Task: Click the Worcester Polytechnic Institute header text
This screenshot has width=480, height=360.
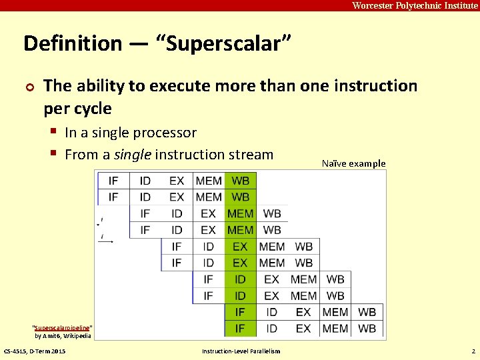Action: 415,5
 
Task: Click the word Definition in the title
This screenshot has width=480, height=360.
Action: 73,44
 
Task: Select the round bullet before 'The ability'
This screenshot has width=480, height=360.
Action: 29,87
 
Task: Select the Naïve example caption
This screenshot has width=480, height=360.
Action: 353,163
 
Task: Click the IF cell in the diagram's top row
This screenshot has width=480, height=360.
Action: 113,181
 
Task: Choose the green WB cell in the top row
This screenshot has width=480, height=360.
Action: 241,181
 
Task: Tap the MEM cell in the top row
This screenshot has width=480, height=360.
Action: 209,181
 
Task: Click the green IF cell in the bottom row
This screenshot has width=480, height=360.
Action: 241,328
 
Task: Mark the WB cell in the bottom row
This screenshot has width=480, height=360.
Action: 367,328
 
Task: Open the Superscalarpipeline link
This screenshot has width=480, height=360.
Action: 63,328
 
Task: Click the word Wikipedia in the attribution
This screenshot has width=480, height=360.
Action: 75,336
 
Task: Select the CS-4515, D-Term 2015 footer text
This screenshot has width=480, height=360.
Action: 35,351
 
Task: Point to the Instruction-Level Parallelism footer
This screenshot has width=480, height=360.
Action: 241,351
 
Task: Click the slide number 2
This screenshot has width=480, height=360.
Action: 473,351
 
